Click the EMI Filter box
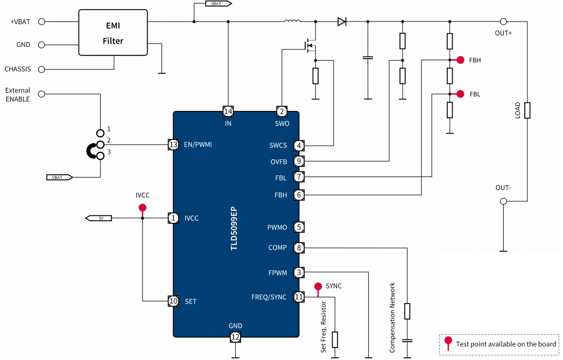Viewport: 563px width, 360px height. pos(113,32)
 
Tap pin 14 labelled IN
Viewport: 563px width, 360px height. pos(228,111)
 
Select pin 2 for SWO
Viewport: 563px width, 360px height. pos(281,111)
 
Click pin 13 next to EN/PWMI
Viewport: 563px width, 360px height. pos(173,144)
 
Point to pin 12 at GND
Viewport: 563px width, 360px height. pos(235,337)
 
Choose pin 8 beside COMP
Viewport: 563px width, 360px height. pos(299,248)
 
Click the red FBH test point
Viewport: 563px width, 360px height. pos(461,60)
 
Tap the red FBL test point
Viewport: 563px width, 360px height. pos(461,94)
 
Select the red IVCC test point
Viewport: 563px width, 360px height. pos(142,207)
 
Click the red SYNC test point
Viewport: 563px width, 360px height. pos(318,286)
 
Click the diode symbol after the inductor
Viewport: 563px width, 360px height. pos(342,22)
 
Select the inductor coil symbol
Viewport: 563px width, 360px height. pos(292,22)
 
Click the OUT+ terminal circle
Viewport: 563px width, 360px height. pos(503,22)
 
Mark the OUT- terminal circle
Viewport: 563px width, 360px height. pos(503,201)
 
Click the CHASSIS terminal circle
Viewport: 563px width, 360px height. pos(42,69)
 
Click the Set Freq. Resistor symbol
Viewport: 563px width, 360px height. pos(335,339)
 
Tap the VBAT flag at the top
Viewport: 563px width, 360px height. pos(218,4)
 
